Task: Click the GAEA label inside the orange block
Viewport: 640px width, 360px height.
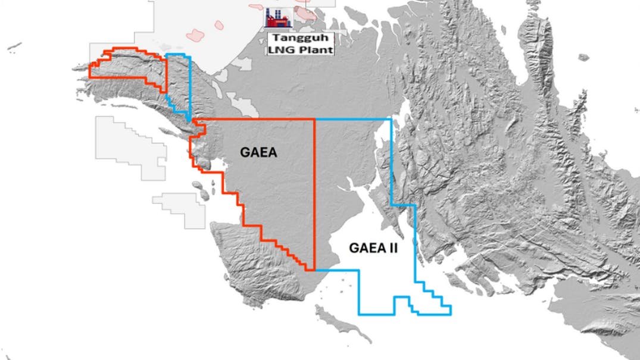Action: click(259, 152)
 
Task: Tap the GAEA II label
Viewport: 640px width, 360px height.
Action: click(373, 248)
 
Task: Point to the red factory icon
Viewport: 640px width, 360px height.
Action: click(277, 18)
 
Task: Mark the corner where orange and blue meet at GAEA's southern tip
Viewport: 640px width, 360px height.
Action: click(314, 270)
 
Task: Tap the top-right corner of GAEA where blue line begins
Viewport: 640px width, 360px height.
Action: click(314, 120)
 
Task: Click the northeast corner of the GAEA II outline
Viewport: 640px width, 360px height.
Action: click(391, 120)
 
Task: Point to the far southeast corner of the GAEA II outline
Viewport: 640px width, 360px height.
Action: click(451, 314)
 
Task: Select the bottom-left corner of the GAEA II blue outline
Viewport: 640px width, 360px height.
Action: click(360, 314)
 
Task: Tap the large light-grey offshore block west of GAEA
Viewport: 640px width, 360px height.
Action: click(128, 146)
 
